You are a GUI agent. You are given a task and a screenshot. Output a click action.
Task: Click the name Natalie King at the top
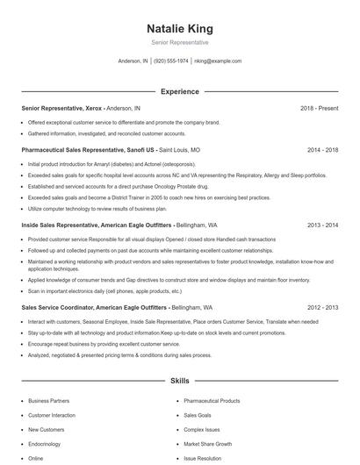point(179,29)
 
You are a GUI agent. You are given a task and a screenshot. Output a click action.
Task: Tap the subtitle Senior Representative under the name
point(179,42)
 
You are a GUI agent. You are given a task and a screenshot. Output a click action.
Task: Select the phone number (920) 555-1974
point(171,61)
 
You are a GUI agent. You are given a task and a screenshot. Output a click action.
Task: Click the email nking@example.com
point(218,61)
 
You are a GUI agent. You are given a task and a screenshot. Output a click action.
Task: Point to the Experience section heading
point(179,91)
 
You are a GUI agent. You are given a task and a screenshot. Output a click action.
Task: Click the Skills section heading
point(179,383)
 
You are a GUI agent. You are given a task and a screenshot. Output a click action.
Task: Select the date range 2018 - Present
point(319,108)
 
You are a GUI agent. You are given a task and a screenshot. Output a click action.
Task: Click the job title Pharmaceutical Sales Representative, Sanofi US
point(87,150)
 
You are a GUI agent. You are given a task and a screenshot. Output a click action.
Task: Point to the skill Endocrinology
point(46,444)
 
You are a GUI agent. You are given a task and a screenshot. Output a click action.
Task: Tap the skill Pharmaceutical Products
point(212,401)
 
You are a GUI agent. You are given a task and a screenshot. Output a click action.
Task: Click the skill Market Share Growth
point(207,444)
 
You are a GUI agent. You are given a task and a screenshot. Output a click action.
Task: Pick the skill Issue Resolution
point(203,458)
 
